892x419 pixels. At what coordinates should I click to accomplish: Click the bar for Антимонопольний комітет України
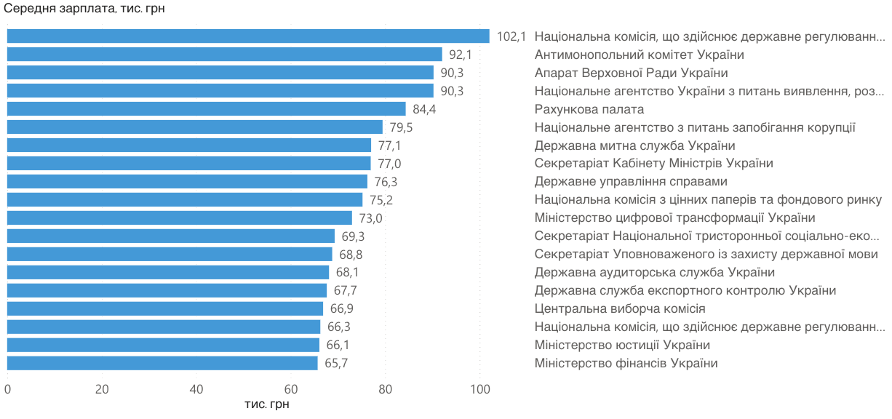coord(225,55)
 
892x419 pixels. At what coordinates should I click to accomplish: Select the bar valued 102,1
coord(248,36)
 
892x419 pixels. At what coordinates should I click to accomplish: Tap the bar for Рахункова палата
coord(207,109)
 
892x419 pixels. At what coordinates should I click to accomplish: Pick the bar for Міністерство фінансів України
coord(162,363)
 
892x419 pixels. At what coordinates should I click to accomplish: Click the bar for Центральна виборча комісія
coord(165,308)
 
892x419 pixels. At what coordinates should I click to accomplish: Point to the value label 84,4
coord(424,110)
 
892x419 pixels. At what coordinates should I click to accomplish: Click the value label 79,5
coord(402,127)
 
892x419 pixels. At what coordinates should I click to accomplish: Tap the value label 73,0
coord(371,218)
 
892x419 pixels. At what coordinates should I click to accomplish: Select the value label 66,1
coord(338,345)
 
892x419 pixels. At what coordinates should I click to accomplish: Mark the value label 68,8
coord(351,255)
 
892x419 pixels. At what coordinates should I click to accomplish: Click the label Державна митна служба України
coord(634,145)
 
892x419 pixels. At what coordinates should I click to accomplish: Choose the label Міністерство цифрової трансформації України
coord(675,218)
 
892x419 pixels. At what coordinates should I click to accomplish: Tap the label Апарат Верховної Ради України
coord(632,73)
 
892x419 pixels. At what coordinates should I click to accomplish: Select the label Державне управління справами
coord(631,182)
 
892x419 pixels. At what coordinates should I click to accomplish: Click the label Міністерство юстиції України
coord(622,345)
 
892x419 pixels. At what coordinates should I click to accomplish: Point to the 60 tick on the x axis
coord(291,389)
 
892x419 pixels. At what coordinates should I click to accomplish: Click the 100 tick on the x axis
coord(480,389)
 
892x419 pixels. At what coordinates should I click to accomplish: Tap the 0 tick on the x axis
coord(7,389)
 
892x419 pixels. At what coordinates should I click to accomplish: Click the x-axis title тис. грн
coord(267,404)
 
